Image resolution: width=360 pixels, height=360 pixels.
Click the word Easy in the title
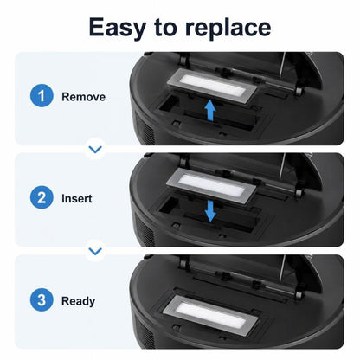click(117, 28)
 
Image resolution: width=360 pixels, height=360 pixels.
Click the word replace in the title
click(228, 28)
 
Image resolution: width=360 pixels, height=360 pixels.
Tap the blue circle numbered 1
click(42, 96)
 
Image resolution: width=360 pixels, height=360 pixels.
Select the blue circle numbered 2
click(42, 197)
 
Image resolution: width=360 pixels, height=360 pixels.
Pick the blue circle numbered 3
click(42, 300)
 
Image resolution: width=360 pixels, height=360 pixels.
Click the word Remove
click(83, 97)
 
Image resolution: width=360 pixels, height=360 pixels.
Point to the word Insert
click(77, 198)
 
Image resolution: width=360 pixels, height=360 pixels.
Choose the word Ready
click(78, 301)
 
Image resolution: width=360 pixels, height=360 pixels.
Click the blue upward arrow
click(210, 110)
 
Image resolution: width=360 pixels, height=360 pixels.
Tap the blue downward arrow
click(210, 211)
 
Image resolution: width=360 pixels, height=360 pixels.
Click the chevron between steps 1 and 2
click(95, 149)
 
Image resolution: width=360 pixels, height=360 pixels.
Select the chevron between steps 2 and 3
click(95, 251)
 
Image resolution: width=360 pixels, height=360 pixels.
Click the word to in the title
click(165, 28)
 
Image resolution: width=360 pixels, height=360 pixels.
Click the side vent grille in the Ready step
click(145, 331)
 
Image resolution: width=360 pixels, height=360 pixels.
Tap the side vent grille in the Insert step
click(145, 229)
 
